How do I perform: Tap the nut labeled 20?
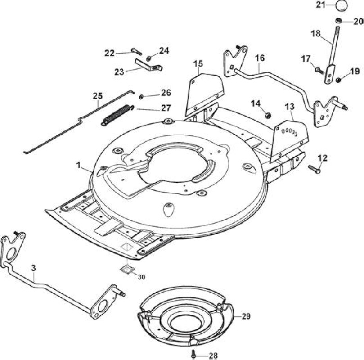pyautogui.click(x=338, y=21)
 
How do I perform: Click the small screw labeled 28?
pyautogui.click(x=193, y=355)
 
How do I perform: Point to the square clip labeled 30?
pyautogui.click(x=127, y=269)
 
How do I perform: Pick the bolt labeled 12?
pyautogui.click(x=314, y=169)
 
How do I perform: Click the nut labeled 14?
pyautogui.click(x=268, y=115)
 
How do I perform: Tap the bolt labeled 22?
pyautogui.click(x=136, y=51)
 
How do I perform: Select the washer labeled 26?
pyautogui.click(x=141, y=97)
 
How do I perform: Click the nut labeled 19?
pyautogui.click(x=338, y=80)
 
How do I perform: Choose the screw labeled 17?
pyautogui.click(x=319, y=71)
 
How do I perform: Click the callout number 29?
pyautogui.click(x=246, y=316)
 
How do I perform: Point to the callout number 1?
pyautogui.click(x=78, y=166)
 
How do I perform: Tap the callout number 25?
pyautogui.click(x=98, y=96)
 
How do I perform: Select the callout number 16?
pyautogui.click(x=260, y=58)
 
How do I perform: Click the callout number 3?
pyautogui.click(x=34, y=268)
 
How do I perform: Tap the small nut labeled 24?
pyautogui.click(x=148, y=58)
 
